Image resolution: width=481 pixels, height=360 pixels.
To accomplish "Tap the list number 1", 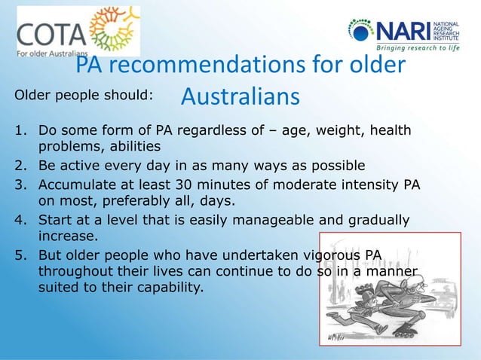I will coord(20,131).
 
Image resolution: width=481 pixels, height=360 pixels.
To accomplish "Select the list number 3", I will coord(20,185).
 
